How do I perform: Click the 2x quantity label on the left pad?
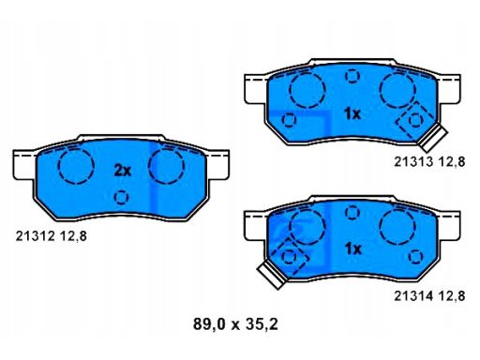122,170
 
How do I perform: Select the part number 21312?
35,236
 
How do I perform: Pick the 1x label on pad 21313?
352,113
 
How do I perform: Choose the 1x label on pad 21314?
352,249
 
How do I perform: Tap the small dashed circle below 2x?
121,198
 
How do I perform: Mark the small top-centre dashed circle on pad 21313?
352,76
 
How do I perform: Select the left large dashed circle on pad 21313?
306,90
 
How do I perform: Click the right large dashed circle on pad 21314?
397,226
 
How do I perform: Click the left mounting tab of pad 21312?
23,165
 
